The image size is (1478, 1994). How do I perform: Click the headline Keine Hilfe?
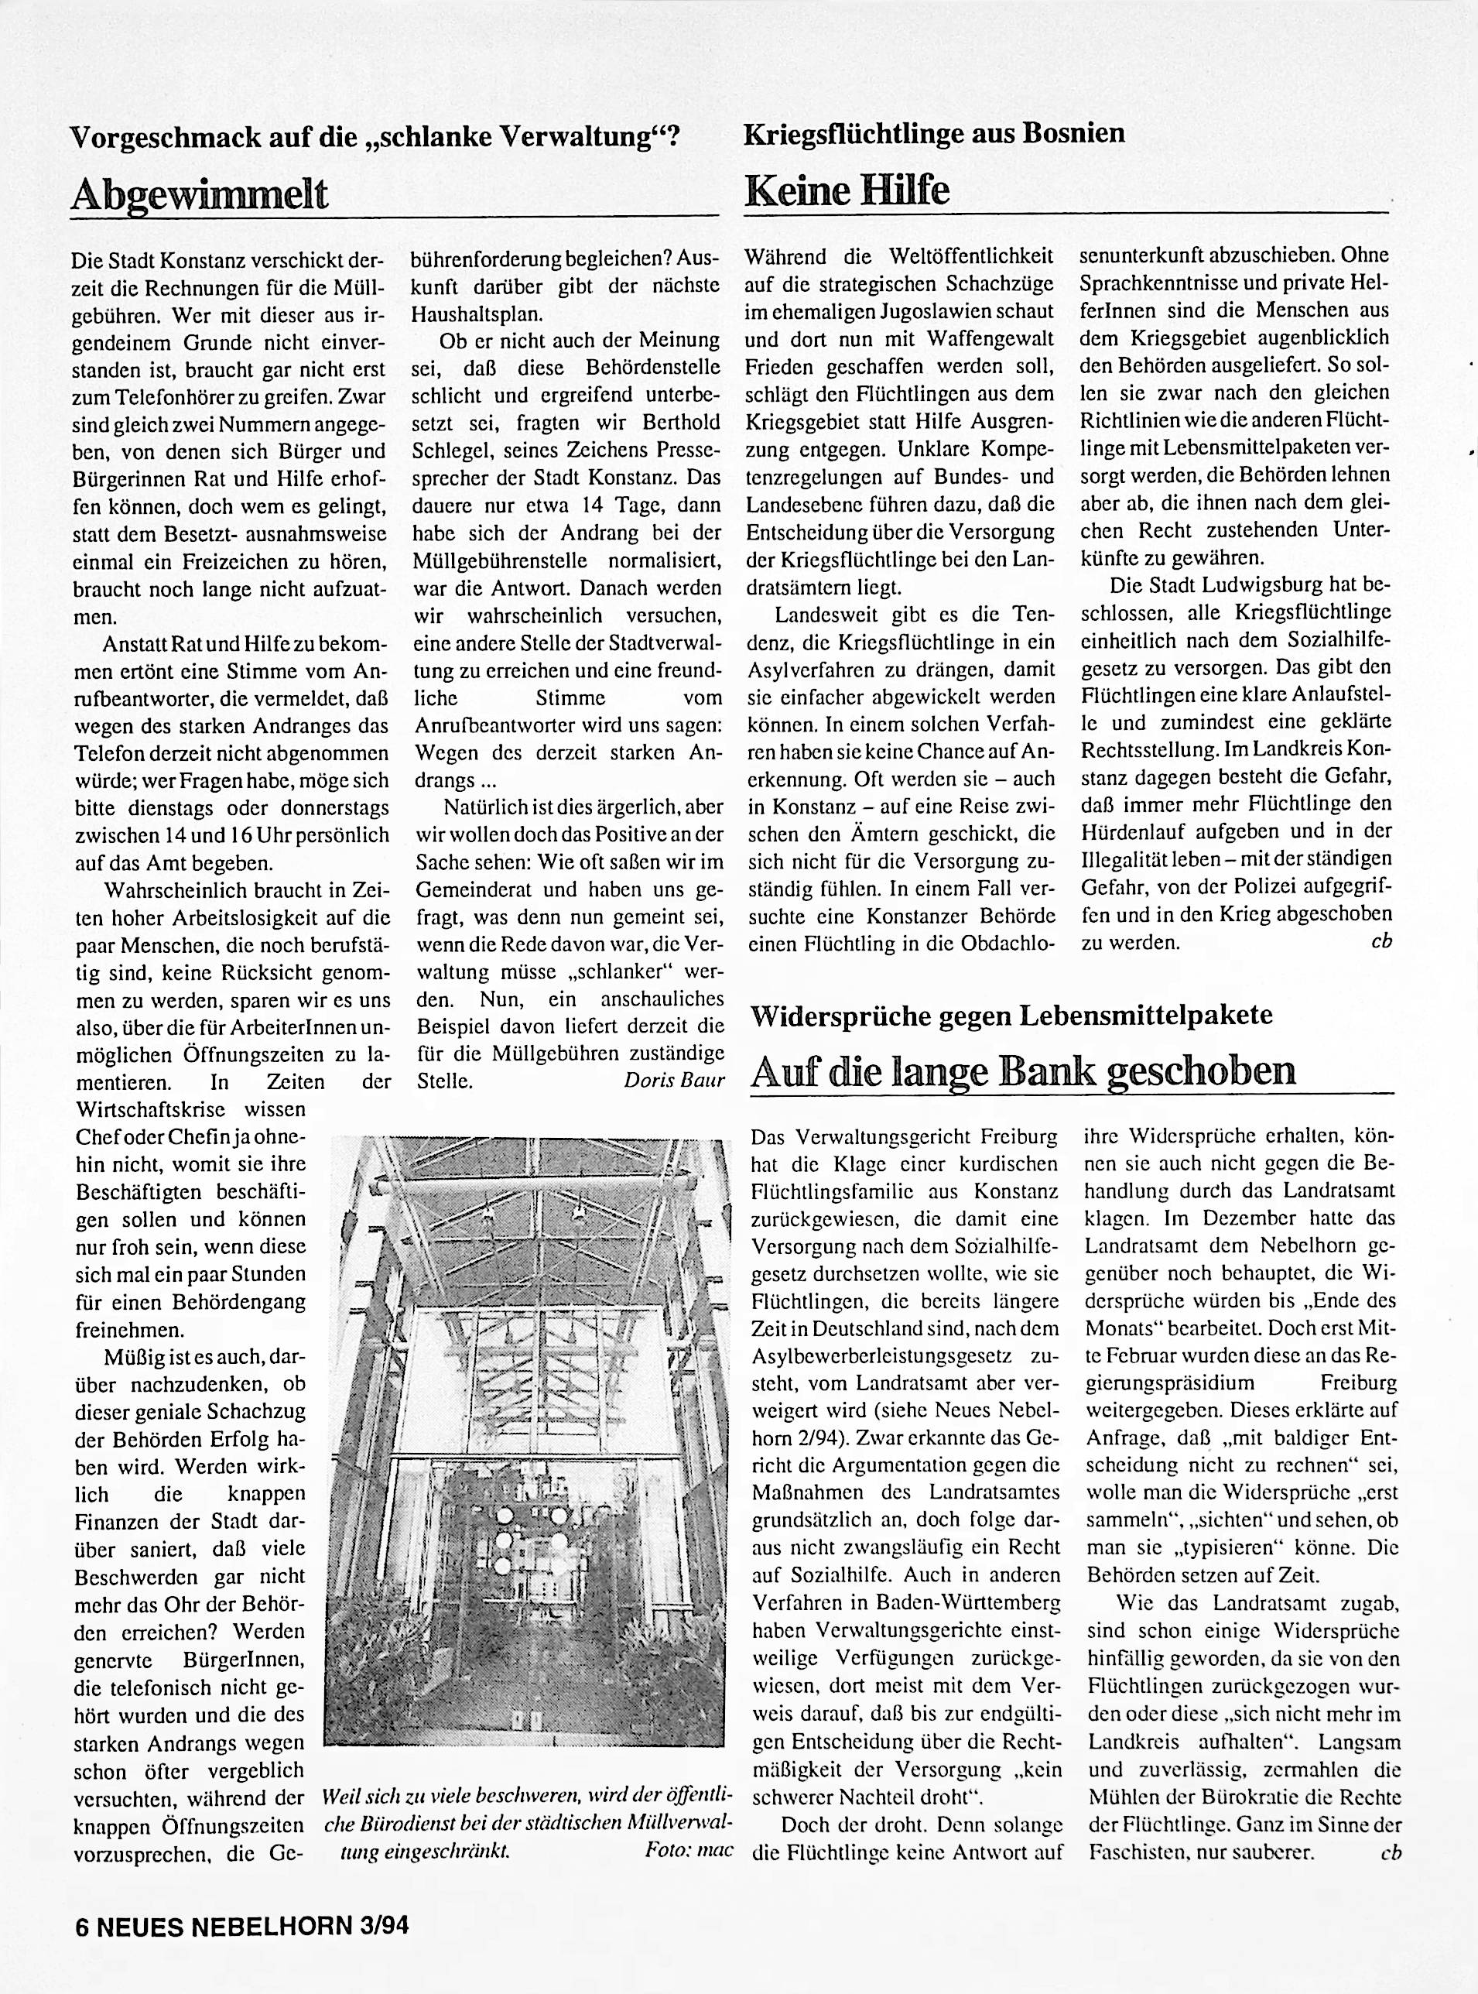pos(847,190)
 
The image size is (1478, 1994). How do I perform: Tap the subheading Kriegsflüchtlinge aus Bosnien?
pos(934,134)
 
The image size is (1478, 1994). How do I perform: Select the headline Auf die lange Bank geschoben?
pos(1023,1071)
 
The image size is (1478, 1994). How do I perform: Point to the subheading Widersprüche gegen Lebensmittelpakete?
pos(1011,1015)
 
